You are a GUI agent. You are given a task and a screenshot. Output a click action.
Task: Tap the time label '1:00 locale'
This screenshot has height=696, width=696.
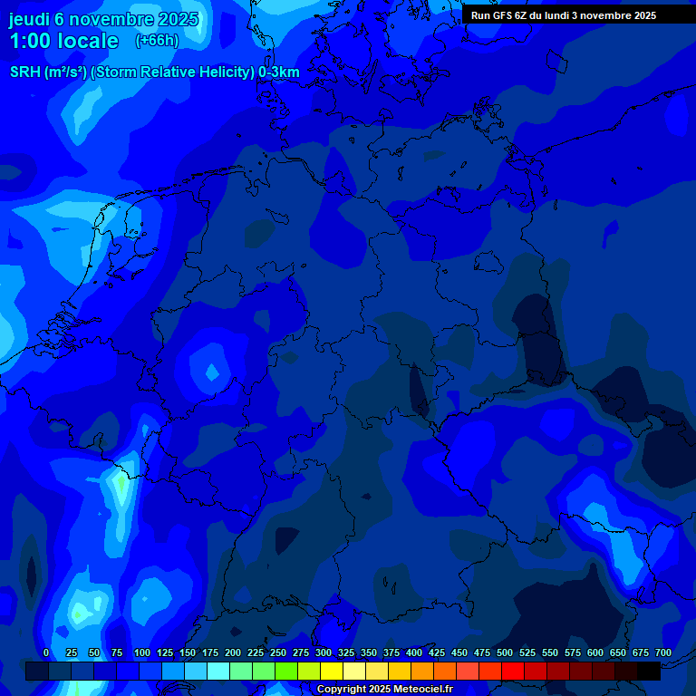(x=63, y=42)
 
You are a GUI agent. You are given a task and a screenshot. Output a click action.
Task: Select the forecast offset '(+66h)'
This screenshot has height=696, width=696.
(x=157, y=41)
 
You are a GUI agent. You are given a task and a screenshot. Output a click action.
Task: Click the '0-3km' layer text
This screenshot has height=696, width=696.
(x=279, y=72)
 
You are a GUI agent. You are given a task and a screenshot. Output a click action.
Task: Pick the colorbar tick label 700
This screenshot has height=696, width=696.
(x=662, y=652)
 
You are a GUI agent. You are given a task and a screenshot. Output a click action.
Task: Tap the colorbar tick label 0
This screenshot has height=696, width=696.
(x=46, y=652)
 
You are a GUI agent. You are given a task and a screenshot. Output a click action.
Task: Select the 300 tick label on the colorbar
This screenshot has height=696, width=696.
(x=324, y=652)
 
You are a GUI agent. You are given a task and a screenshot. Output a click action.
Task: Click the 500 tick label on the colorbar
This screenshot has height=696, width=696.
(x=505, y=652)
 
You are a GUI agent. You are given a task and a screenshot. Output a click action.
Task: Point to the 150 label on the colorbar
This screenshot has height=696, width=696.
(x=188, y=652)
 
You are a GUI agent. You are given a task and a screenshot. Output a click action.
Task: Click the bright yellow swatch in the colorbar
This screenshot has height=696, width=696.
(x=332, y=671)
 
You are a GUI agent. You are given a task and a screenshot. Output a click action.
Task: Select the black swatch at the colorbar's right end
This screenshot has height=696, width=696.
(x=649, y=671)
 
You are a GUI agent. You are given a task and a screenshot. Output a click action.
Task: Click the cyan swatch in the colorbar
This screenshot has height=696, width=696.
(x=218, y=671)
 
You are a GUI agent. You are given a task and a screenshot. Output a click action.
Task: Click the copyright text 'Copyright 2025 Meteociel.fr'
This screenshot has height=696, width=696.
(x=384, y=689)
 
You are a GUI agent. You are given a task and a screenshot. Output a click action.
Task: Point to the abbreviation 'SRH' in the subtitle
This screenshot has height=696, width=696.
(x=25, y=72)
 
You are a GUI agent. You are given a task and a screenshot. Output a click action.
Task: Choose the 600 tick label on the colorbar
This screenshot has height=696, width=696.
(x=595, y=652)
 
